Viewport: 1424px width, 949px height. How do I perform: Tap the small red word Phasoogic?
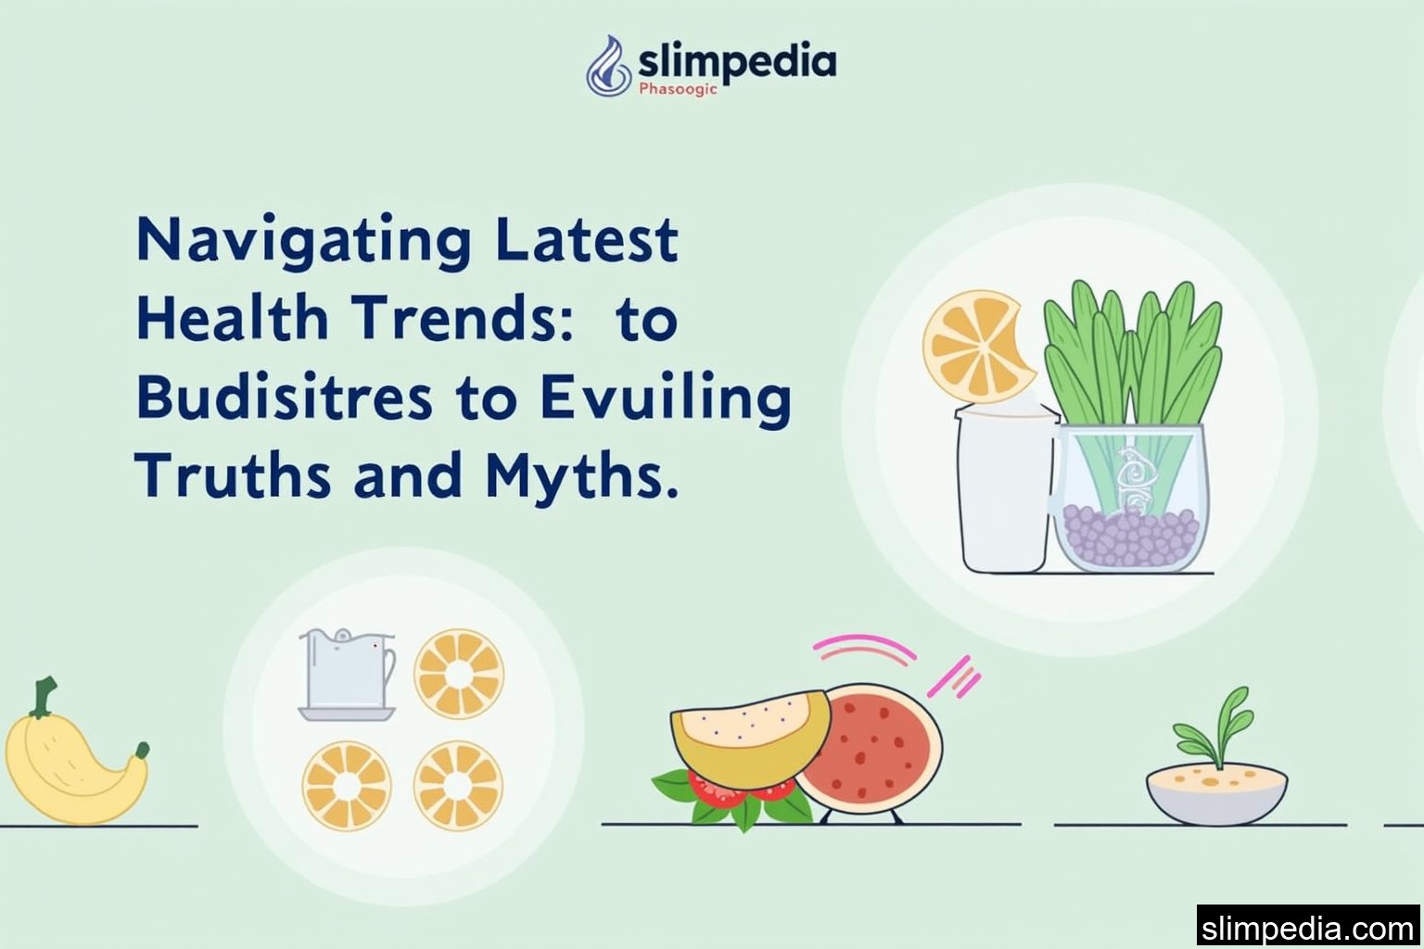coord(678,90)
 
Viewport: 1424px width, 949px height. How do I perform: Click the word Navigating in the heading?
coord(303,241)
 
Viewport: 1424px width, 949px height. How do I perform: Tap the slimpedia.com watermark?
coord(1307,928)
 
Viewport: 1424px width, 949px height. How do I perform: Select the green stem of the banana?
coord(43,697)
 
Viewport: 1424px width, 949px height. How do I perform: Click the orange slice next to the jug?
coord(459,674)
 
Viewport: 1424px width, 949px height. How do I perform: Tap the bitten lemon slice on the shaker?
coord(976,346)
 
